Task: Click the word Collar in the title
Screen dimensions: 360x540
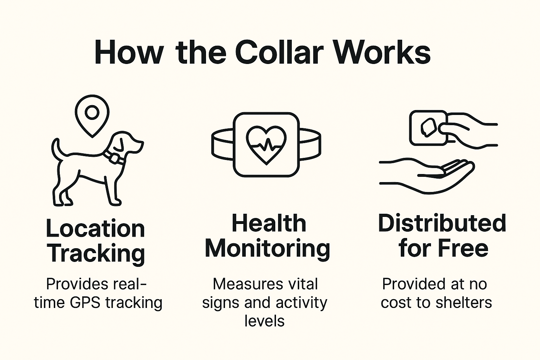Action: [278, 53]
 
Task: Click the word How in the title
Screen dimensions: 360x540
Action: [129, 53]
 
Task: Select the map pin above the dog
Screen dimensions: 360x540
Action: [92, 114]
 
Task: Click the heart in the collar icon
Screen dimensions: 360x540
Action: [266, 145]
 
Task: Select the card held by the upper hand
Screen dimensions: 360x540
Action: [428, 128]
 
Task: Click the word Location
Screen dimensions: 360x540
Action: [95, 229]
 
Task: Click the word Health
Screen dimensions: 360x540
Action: [269, 224]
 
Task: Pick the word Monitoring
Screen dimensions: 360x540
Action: [268, 249]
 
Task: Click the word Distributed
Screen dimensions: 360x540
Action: [442, 224]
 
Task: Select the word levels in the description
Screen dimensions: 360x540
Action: [264, 321]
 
